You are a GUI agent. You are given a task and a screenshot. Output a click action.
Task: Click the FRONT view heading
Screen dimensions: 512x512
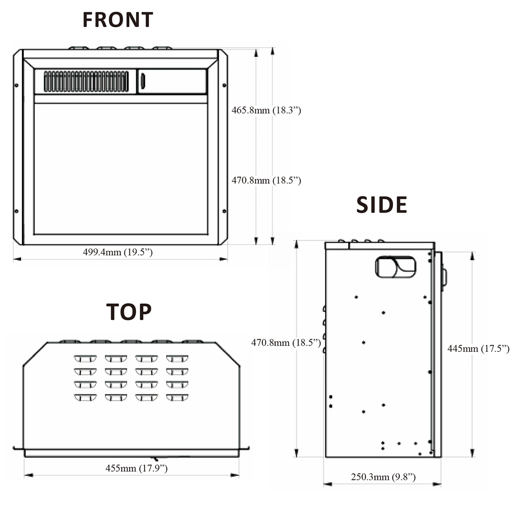click(x=118, y=20)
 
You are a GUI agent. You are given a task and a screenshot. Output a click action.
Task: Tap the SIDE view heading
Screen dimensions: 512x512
click(x=381, y=205)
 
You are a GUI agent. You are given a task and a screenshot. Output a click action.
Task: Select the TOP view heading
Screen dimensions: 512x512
click(x=129, y=312)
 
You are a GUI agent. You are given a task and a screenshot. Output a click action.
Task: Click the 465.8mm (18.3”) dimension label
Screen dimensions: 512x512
click(x=266, y=110)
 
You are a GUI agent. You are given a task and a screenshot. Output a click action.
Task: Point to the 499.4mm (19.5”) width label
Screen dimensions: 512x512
click(x=118, y=252)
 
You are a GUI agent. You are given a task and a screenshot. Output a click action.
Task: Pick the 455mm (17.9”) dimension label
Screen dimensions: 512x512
click(x=136, y=468)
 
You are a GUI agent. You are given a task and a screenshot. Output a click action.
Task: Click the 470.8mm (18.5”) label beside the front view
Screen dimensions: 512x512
click(x=266, y=180)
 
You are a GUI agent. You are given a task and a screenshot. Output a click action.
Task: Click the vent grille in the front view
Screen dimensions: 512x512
click(x=86, y=81)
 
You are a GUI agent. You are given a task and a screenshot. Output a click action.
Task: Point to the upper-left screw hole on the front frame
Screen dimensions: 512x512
click(x=16, y=85)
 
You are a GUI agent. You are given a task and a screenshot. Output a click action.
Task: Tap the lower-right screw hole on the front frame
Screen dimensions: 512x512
click(x=225, y=211)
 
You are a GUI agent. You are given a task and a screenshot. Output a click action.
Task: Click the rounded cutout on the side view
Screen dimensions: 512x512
click(x=396, y=267)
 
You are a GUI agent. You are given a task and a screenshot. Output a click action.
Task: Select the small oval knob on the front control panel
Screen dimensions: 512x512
click(x=143, y=81)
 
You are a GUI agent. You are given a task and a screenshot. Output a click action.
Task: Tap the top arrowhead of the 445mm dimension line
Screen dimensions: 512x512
click(x=472, y=256)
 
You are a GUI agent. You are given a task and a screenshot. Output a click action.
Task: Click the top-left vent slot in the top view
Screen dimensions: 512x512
click(x=85, y=359)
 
